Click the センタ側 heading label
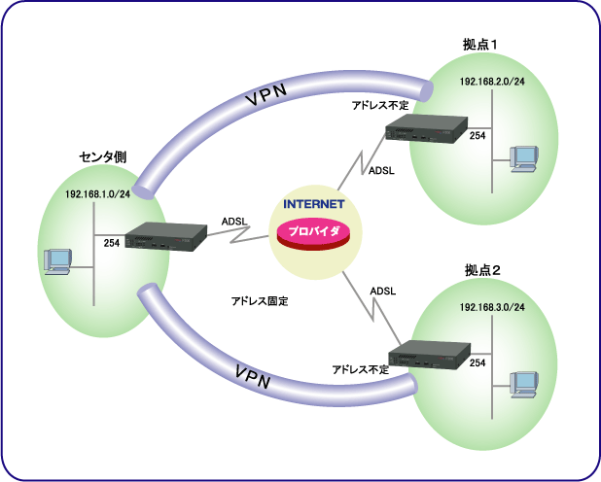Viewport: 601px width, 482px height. click(x=101, y=156)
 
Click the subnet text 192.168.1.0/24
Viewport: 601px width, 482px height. click(x=98, y=194)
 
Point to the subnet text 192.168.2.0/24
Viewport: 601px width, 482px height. click(x=493, y=82)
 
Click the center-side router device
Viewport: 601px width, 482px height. click(x=165, y=239)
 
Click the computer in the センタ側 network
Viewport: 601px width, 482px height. click(x=59, y=261)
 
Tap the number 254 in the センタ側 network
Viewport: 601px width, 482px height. click(x=111, y=242)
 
